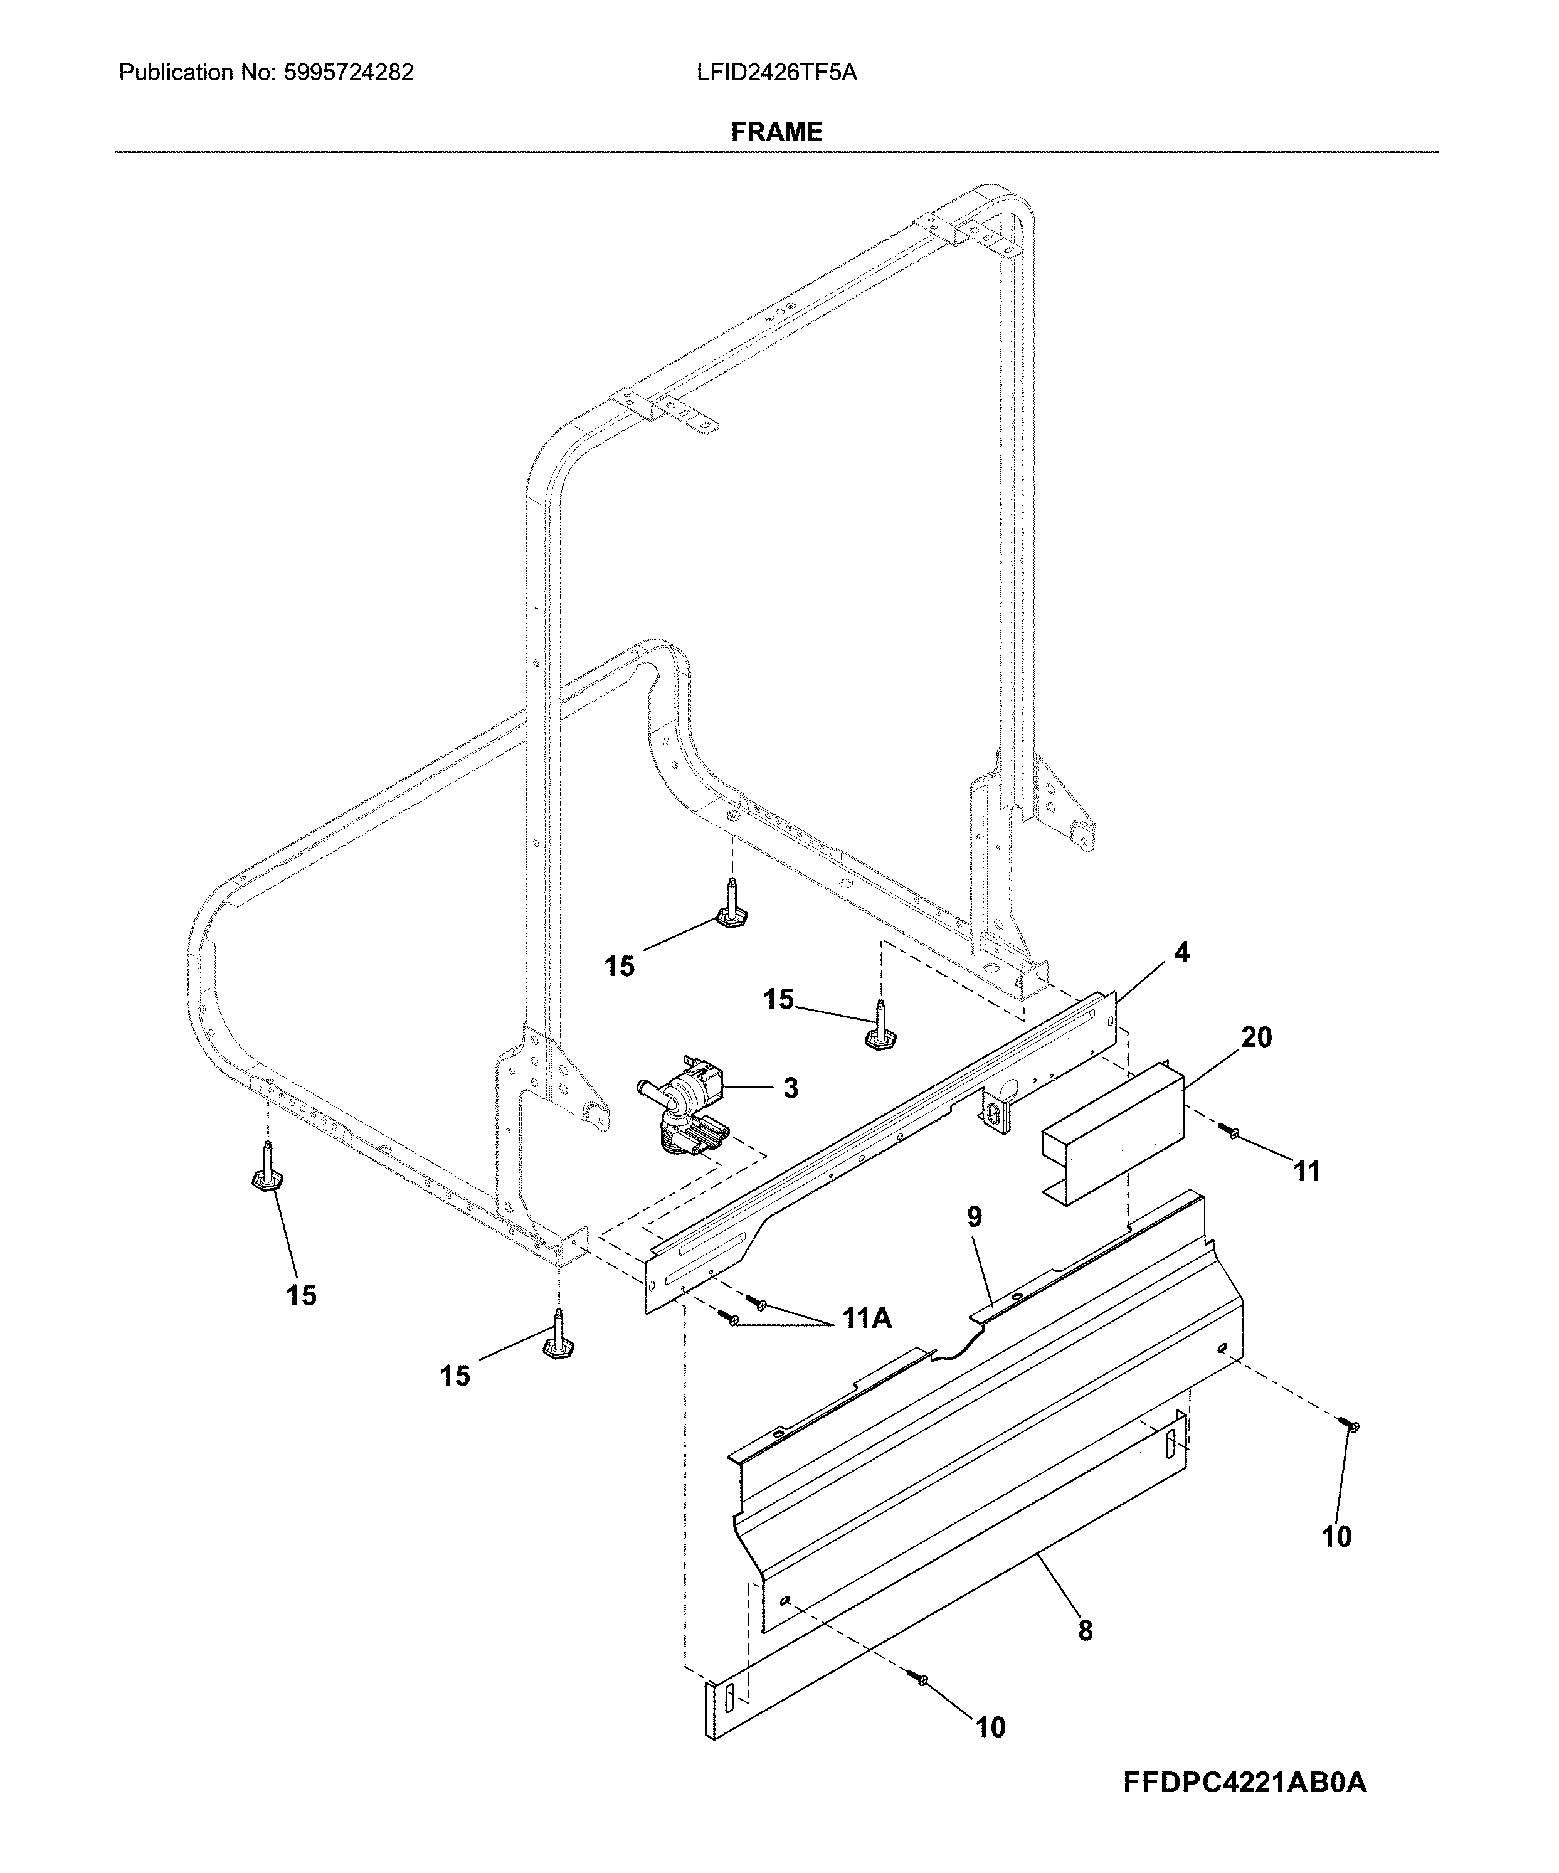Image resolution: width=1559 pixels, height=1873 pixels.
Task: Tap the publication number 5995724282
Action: click(x=348, y=72)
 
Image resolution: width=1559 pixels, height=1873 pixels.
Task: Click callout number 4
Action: click(x=1181, y=953)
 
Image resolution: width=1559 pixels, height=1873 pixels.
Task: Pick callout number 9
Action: click(x=975, y=1218)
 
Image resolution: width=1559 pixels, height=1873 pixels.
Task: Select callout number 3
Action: click(x=790, y=1088)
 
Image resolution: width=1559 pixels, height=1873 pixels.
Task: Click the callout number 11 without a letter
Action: click(x=1307, y=1171)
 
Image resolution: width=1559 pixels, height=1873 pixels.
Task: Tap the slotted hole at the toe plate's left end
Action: click(x=729, y=1700)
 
